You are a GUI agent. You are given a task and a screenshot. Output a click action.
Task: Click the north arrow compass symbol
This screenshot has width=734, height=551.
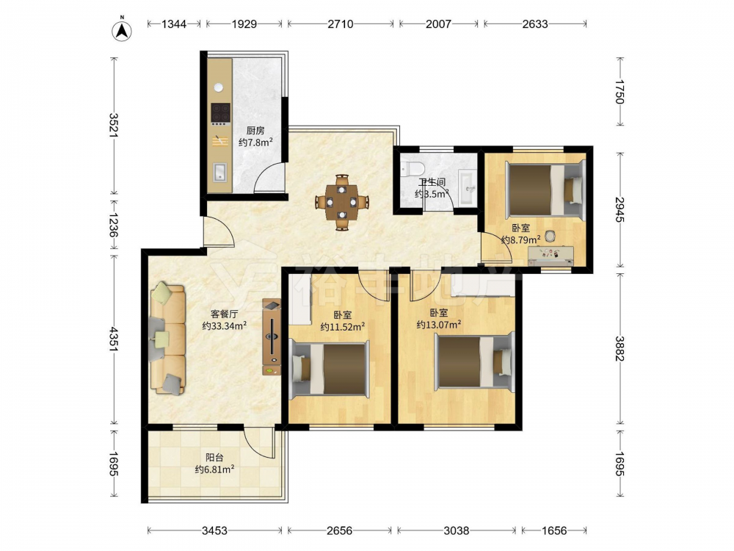(122, 29)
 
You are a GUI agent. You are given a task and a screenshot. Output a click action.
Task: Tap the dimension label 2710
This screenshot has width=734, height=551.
(341, 24)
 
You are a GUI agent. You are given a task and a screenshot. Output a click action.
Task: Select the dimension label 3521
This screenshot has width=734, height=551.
(113, 126)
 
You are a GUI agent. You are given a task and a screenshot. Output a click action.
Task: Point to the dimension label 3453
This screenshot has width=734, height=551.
(214, 530)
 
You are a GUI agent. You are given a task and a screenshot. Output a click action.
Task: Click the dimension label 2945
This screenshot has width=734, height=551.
(619, 209)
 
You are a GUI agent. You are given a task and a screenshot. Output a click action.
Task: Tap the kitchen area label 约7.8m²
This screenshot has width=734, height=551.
(255, 142)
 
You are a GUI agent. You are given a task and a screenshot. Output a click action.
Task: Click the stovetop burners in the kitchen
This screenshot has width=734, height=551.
(220, 112)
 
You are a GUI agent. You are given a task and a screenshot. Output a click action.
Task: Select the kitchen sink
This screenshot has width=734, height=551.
(219, 172)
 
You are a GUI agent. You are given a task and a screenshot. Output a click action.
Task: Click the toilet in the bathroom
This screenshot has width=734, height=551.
(412, 168)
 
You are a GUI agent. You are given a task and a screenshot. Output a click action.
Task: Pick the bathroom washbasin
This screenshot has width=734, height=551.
(468, 187)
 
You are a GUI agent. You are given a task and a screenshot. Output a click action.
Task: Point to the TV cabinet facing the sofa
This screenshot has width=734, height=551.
(272, 337)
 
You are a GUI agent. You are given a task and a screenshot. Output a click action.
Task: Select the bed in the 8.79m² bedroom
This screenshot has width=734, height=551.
(546, 190)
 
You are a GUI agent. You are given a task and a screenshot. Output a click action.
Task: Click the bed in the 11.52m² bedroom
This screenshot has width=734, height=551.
(329, 369)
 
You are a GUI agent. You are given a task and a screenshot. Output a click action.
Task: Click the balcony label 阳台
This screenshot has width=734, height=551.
(215, 457)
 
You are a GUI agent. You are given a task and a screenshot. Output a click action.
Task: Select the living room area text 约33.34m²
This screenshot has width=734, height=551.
(224, 325)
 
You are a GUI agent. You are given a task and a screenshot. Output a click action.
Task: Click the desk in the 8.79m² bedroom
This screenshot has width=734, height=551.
(550, 256)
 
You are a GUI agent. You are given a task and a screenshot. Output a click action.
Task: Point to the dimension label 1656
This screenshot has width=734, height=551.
(554, 530)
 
